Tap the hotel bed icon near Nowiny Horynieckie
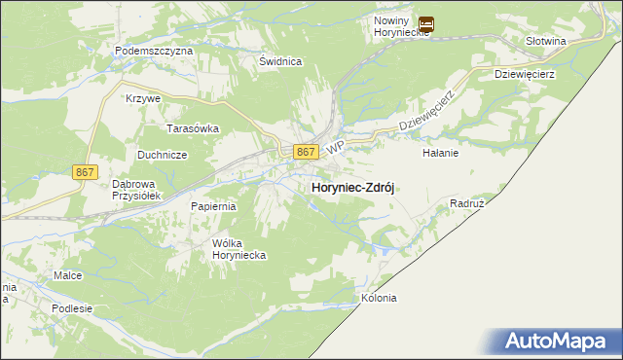[x=426, y=24]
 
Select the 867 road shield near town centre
[x=306, y=152]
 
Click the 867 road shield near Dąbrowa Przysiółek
[x=86, y=171]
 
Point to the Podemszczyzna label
[x=154, y=50]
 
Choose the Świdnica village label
[x=280, y=60]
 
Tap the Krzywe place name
[x=143, y=99]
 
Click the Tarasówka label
[x=193, y=127]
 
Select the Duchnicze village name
[x=162, y=155]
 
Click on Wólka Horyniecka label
[x=239, y=248]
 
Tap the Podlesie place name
[x=73, y=308]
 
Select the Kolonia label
[x=379, y=299]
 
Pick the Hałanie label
[x=440, y=153]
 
